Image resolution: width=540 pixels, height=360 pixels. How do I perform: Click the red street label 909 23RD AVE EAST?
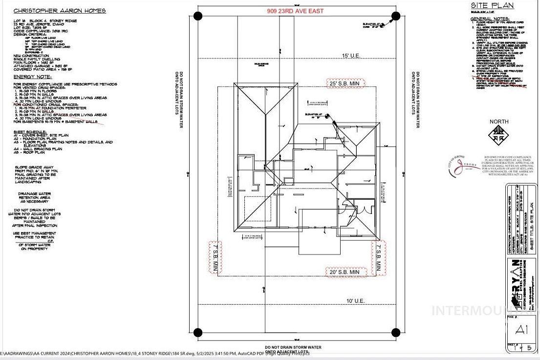(x=295, y=11)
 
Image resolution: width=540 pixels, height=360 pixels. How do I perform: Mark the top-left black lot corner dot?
(x=197, y=16)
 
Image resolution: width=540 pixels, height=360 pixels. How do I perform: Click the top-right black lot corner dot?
(x=395, y=16)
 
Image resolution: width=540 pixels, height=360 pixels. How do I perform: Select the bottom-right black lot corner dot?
(x=395, y=333)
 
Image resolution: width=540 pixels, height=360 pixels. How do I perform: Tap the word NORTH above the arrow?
(x=499, y=122)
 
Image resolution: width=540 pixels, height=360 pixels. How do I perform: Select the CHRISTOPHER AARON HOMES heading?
(x=44, y=10)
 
